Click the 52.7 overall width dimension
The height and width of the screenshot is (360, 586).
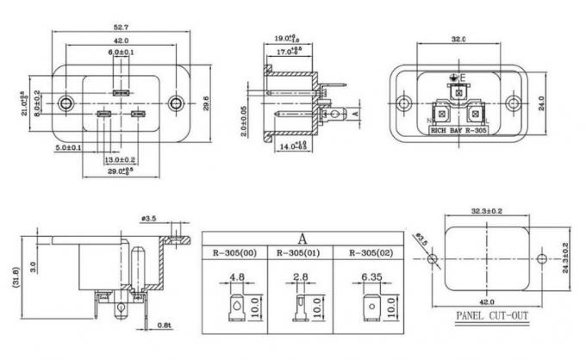click(120, 26)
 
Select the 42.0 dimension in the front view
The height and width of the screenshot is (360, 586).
click(120, 40)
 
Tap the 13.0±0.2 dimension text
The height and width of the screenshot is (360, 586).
click(120, 160)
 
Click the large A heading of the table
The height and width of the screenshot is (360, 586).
click(302, 239)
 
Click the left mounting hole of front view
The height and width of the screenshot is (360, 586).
click(65, 104)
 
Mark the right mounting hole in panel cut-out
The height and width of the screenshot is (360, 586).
click(540, 258)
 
